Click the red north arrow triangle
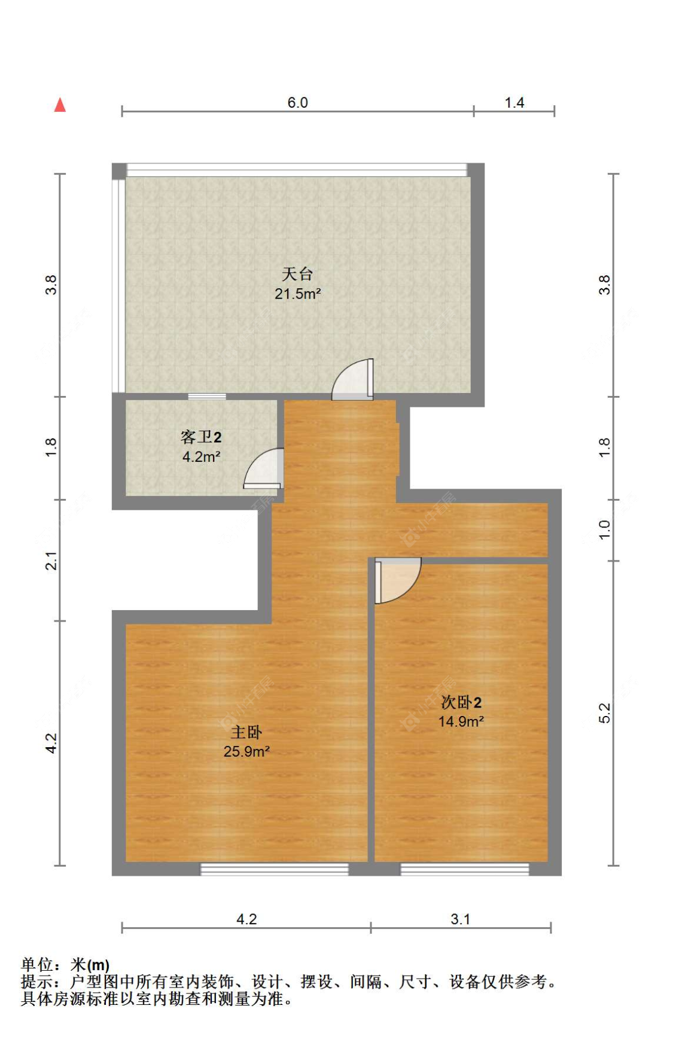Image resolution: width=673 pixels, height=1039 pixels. coord(60,105)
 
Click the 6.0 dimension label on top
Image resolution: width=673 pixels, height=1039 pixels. coord(297,102)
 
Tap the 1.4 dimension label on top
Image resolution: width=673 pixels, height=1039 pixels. coord(514,102)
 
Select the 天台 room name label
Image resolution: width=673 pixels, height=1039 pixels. coord(297,274)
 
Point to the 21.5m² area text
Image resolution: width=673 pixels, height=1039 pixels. coord(297,294)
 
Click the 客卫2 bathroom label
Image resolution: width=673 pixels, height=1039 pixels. coord(201,437)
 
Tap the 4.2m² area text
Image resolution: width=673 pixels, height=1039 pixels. coord(201,457)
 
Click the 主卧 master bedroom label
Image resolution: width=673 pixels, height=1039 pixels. coord(246,732)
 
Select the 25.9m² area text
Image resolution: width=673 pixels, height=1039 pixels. coord(246,752)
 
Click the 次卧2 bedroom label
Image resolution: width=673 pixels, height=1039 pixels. coord(461,702)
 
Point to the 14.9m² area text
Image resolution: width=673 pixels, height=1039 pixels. coord(461,722)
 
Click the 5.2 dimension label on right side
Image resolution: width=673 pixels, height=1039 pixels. coord(604,713)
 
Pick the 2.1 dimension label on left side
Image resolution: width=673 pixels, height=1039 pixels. coord(51,560)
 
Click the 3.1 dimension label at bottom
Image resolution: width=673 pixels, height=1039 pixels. coord(460,919)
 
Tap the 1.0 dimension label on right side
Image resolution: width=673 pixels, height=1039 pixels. coord(604,529)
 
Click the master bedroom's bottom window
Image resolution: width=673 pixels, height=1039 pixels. coord(274,869)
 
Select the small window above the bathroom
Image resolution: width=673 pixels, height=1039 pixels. coord(207,396)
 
